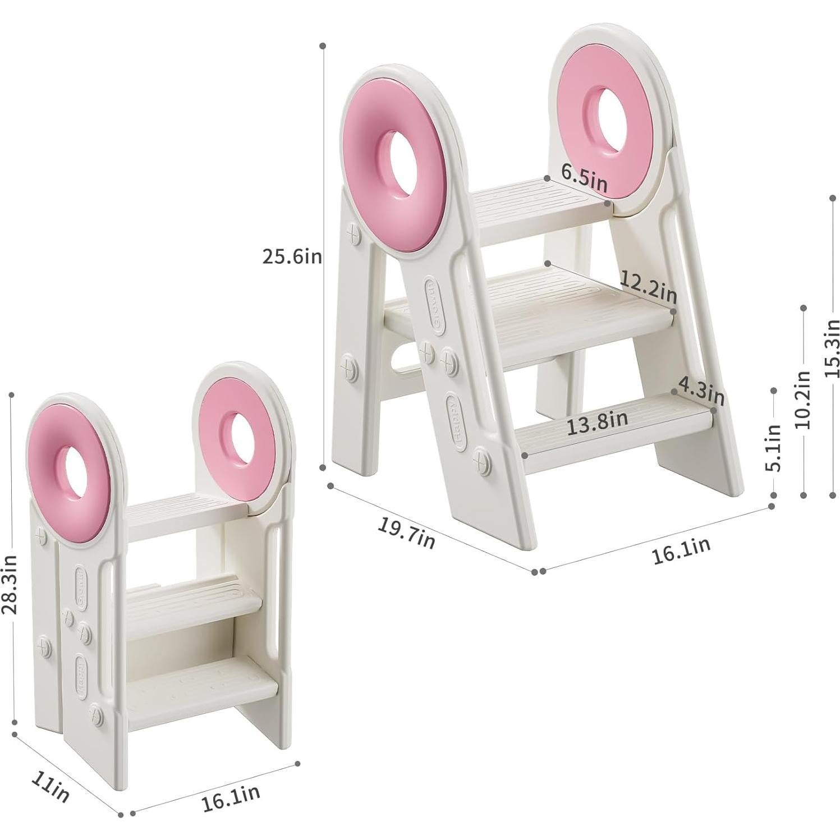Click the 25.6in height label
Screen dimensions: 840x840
(292, 256)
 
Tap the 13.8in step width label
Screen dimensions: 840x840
(596, 421)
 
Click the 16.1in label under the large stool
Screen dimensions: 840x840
(681, 550)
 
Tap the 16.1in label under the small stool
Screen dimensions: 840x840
(231, 797)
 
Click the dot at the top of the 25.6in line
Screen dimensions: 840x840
(323, 45)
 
